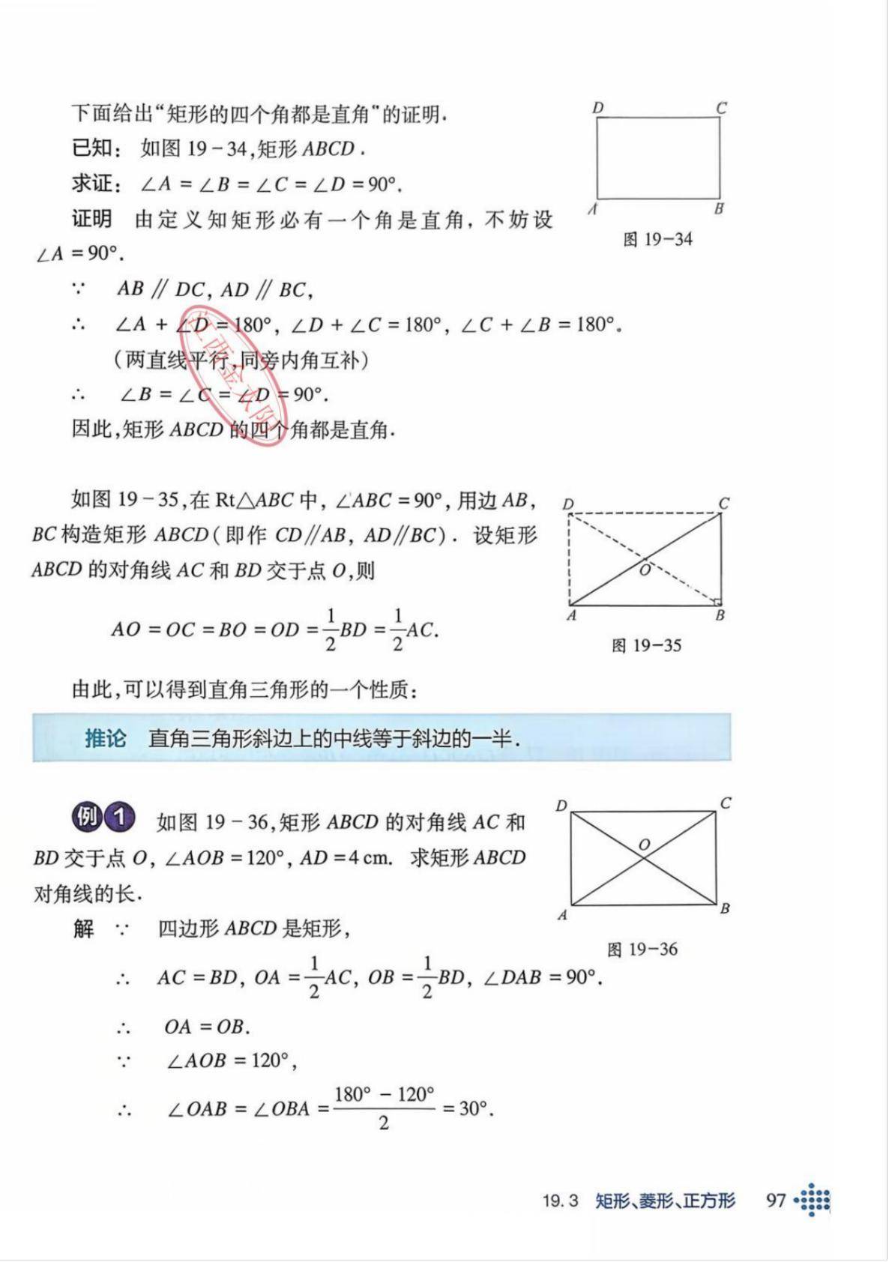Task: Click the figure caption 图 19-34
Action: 657,240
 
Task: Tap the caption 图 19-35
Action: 646,645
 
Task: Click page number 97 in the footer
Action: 776,1200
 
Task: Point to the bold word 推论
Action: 105,739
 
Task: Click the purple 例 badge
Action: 86,817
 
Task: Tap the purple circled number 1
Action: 119,817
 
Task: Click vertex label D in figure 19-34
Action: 597,108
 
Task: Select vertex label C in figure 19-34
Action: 721,108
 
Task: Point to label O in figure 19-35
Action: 645,570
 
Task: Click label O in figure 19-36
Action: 644,845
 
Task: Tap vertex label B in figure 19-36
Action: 724,909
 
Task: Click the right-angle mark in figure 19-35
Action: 717,601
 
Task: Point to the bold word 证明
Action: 92,219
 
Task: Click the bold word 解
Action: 83,929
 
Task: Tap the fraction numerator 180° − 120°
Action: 384,1095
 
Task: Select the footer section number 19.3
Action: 561,1201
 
